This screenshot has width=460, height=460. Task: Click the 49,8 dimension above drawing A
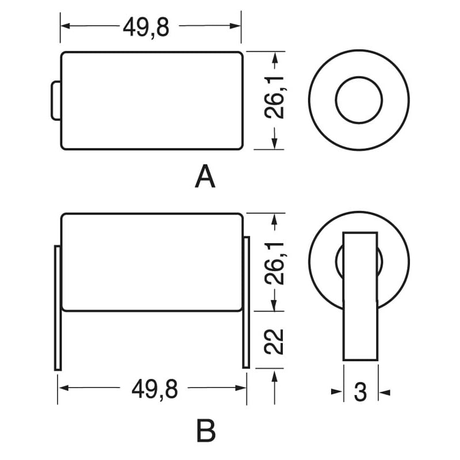(x=146, y=26)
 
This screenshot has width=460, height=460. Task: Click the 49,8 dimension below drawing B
(x=154, y=389)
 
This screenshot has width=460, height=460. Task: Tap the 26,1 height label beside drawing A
(x=278, y=100)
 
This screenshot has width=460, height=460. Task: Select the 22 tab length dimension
(x=278, y=340)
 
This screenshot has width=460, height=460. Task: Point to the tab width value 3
(x=361, y=393)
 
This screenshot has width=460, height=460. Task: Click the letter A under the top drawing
(x=205, y=177)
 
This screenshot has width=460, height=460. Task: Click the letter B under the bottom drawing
(x=205, y=430)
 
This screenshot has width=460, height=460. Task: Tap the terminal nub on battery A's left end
(x=56, y=101)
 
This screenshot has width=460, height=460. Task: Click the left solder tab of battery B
(x=57, y=308)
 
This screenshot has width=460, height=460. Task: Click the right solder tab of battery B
(x=246, y=302)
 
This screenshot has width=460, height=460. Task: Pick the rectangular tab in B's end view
(x=361, y=296)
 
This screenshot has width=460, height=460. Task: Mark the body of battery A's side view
(x=152, y=101)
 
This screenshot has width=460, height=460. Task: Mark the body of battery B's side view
(x=152, y=262)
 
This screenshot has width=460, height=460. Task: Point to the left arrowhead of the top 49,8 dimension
(x=65, y=26)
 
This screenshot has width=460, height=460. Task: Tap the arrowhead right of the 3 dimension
(x=385, y=393)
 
